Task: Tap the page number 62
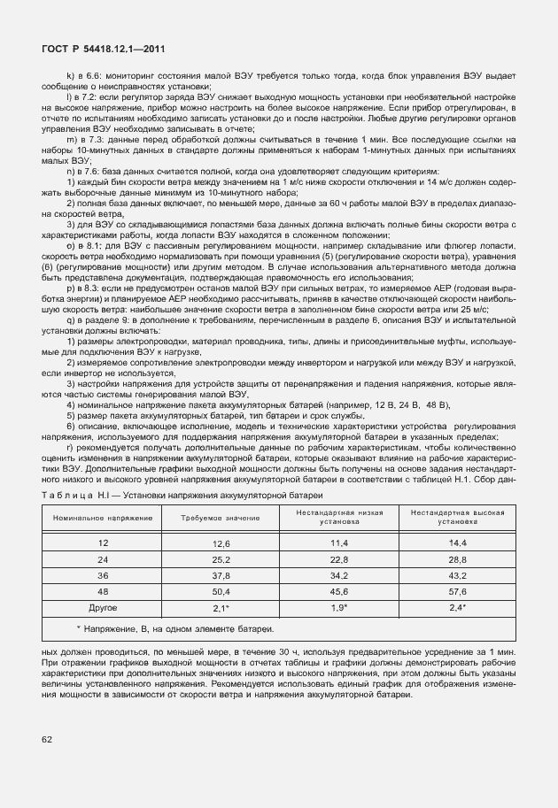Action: click(x=46, y=737)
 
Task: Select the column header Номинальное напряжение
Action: click(x=102, y=516)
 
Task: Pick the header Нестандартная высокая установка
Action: click(x=457, y=517)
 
